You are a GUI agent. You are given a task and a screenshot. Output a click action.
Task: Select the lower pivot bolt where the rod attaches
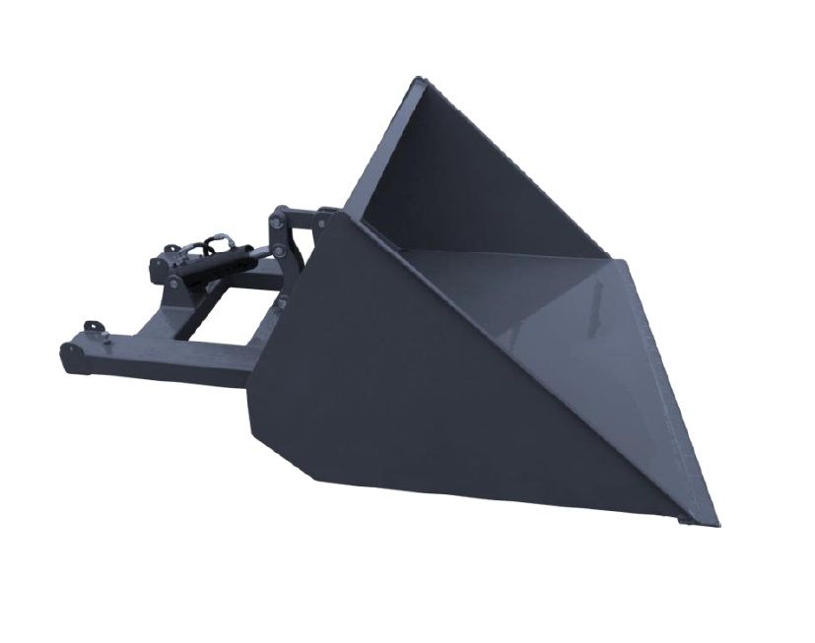click(x=277, y=254)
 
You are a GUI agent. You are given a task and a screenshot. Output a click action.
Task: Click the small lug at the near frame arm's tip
click(x=93, y=327)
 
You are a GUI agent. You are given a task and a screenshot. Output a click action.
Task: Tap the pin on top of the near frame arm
click(x=102, y=338)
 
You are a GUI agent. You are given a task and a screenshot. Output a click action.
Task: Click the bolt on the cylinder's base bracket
click(x=175, y=283)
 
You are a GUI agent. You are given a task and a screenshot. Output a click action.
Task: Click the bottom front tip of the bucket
click(x=713, y=521)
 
